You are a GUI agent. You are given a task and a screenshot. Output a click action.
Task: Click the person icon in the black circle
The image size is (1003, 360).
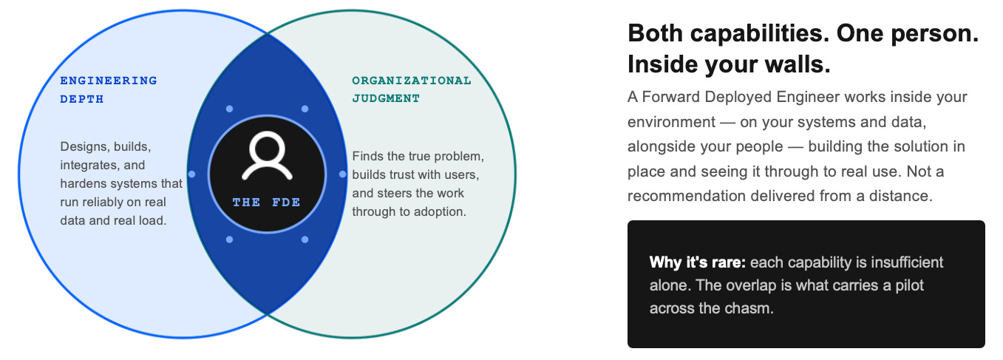click(x=267, y=155)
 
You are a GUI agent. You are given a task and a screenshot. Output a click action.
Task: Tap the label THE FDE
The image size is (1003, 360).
click(x=266, y=203)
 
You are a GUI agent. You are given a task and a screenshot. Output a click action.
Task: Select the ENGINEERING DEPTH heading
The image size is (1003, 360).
click(x=109, y=89)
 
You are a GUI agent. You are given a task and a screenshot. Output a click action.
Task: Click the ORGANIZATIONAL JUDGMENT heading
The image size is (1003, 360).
click(x=412, y=89)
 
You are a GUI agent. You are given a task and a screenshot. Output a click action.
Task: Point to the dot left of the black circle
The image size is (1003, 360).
click(x=191, y=174)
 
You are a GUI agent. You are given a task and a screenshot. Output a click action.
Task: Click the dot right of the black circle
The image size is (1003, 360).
click(x=342, y=174)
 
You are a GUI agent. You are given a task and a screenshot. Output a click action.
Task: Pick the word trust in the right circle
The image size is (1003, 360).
click(x=405, y=174)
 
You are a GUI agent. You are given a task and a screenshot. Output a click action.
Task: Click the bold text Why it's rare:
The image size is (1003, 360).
click(x=697, y=262)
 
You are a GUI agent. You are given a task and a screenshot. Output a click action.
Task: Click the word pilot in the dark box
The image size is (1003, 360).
click(x=909, y=285)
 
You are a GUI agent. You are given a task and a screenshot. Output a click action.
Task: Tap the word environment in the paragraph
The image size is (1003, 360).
click(x=671, y=122)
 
